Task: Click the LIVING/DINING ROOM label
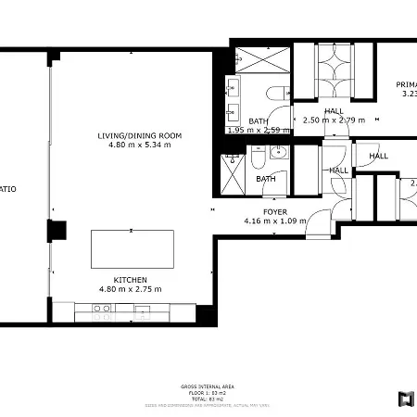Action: (x=140, y=135)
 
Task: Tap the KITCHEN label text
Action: (x=130, y=279)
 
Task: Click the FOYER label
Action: (x=274, y=211)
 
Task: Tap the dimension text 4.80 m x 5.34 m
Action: (x=140, y=145)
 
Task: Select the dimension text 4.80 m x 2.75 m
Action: (x=130, y=289)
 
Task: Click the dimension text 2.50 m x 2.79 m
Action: (x=334, y=120)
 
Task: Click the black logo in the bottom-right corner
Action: (x=404, y=399)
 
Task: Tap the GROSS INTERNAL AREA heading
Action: (x=208, y=385)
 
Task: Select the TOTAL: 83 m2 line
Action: (x=208, y=398)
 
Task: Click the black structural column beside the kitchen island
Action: (x=58, y=232)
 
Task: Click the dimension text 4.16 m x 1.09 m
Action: (x=274, y=221)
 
